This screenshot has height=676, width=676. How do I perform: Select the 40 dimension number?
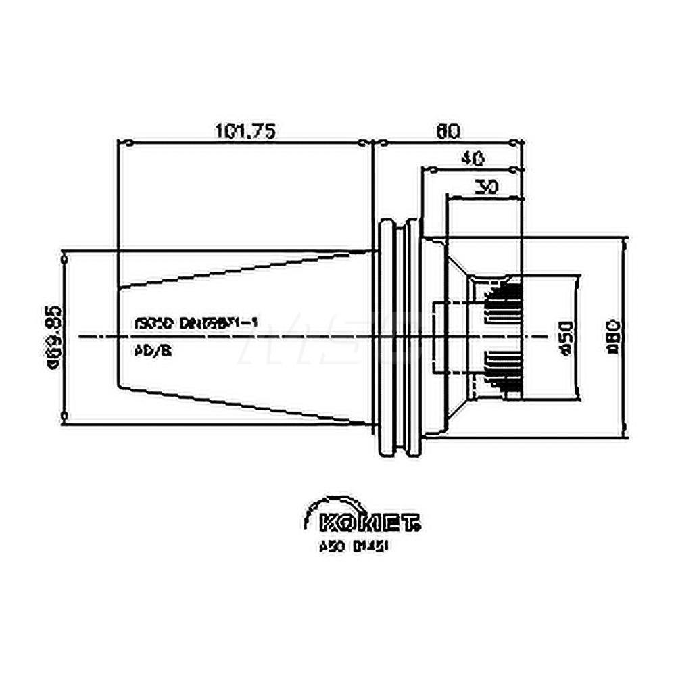coord(472,160)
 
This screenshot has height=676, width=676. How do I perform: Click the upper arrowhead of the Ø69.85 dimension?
coord(64,258)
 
